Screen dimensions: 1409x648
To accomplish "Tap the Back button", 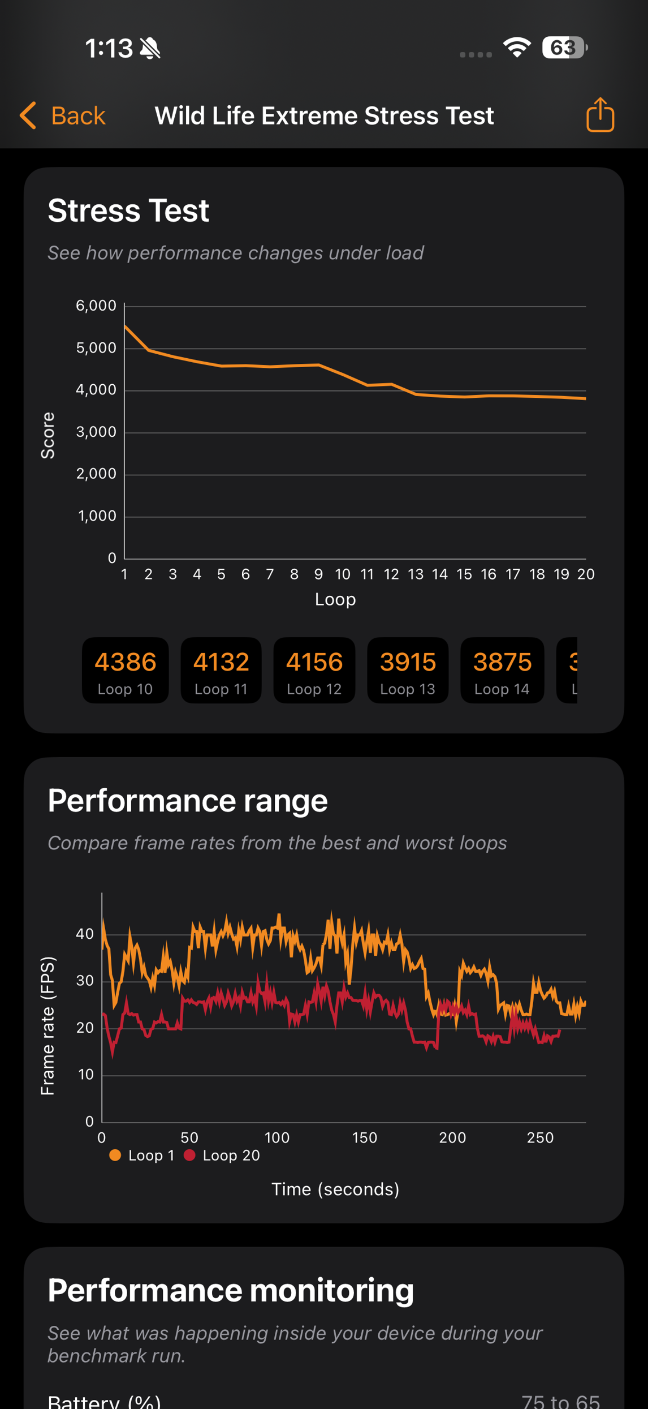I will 63,116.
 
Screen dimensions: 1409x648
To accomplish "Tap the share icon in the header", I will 600,115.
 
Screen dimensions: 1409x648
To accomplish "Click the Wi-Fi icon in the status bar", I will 517,48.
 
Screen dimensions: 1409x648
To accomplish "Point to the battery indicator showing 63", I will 564,48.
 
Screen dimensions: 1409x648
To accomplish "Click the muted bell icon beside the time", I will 150,49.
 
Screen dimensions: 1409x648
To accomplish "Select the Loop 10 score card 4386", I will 125,671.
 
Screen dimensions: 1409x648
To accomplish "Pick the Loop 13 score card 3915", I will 408,671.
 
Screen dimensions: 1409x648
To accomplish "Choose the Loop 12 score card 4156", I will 314,671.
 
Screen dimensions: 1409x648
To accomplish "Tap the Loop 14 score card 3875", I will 502,671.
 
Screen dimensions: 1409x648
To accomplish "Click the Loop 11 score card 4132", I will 221,671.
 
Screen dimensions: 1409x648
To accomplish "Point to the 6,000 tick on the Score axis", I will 96,306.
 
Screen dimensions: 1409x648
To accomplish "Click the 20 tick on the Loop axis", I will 586,574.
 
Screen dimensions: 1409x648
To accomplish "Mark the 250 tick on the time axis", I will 540,1137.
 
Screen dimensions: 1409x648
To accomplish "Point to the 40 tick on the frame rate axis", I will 85,934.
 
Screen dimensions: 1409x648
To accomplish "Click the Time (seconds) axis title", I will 335,1189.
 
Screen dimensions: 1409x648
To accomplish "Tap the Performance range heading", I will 188,801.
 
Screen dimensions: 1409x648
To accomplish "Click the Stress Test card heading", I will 128,211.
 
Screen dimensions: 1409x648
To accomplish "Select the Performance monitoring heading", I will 231,1290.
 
